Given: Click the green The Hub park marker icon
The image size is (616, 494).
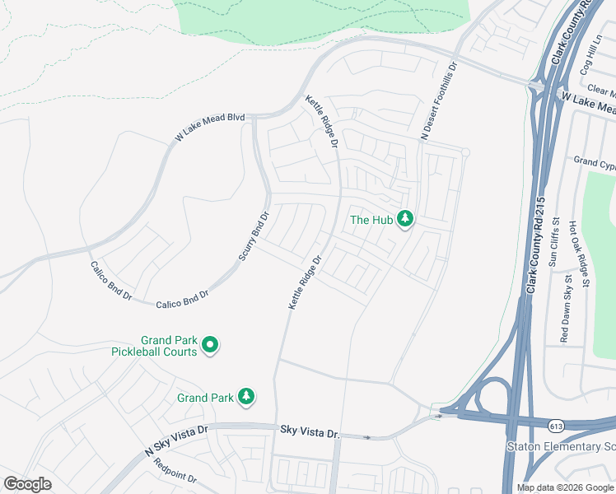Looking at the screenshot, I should [x=404, y=219].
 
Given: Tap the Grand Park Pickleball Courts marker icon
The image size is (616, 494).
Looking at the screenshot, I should [x=210, y=346].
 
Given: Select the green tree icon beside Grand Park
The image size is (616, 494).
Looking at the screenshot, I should [x=245, y=398].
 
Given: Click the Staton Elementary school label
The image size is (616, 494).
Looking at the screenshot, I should [x=560, y=446].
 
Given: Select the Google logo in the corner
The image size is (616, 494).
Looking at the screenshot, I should [x=27, y=484].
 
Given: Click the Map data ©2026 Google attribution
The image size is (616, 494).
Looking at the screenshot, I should [x=565, y=487].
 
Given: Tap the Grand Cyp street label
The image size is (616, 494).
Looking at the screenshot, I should [x=595, y=162].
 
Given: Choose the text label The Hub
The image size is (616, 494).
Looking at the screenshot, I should [x=371, y=220].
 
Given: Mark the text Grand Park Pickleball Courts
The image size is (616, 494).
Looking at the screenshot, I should [x=156, y=346].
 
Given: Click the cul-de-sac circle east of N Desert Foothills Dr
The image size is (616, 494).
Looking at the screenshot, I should [x=465, y=152].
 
